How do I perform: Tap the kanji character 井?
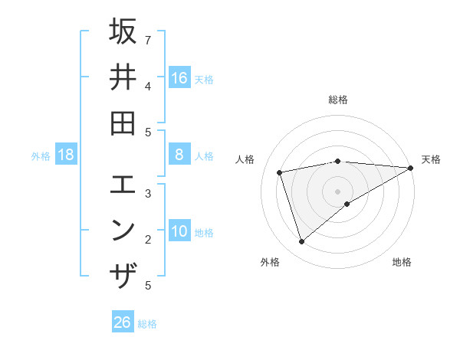coord(123,77)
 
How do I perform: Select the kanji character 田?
coord(123,123)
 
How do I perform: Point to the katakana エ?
coord(123,185)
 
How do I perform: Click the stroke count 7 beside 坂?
coord(148,39)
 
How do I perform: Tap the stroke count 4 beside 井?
coord(148,85)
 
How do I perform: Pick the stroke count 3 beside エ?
coord(148,193)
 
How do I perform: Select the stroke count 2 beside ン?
coord(148,239)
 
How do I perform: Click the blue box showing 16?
coord(179,77)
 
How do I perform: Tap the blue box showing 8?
coord(179,155)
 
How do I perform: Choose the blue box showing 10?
coord(179,231)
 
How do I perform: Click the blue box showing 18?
coord(66,155)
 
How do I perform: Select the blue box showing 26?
coord(123,322)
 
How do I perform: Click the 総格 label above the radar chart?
coord(338,100)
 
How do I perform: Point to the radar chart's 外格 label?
coord(270,262)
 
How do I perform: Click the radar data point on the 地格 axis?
coord(347,204)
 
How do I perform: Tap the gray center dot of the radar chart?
coord(338,191)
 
